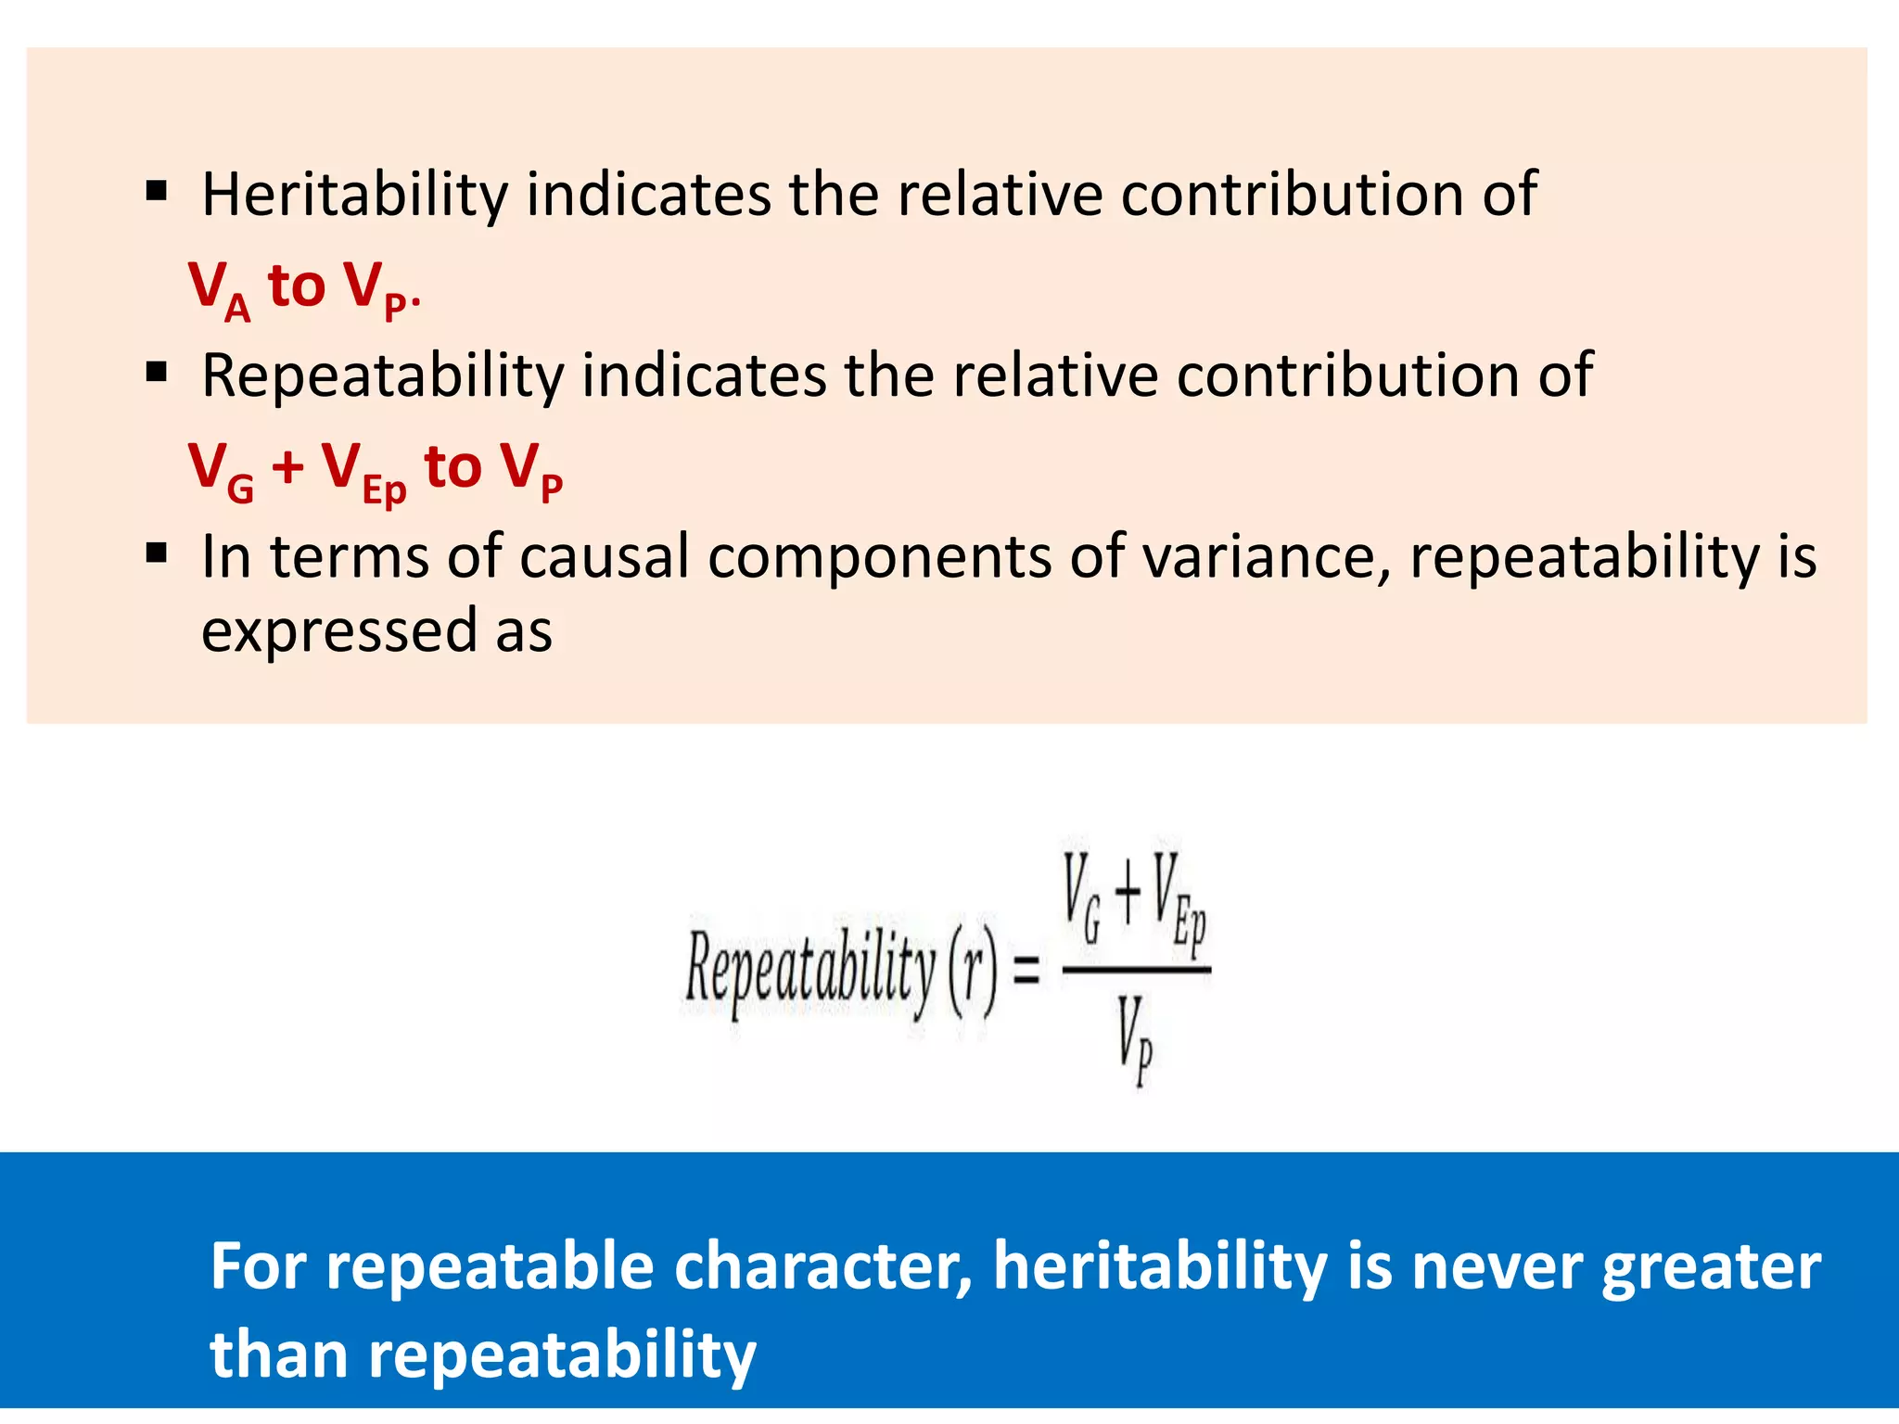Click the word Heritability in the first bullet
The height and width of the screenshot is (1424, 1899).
point(355,196)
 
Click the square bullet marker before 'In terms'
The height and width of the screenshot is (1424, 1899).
point(157,554)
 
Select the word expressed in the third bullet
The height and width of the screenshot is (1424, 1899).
point(338,632)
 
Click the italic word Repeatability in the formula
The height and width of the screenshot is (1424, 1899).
point(811,969)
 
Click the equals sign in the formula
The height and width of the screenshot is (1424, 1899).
point(1026,971)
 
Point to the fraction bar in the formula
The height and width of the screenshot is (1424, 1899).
point(1136,970)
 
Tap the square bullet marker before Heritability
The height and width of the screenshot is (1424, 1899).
point(157,192)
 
